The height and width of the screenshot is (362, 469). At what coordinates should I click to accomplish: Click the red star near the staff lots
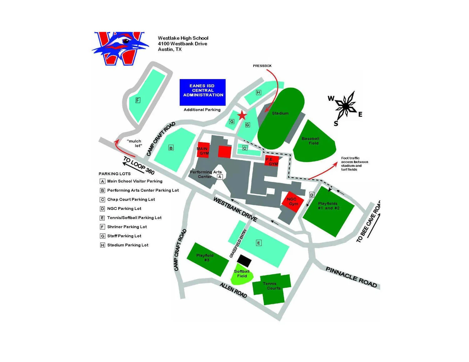click(242, 116)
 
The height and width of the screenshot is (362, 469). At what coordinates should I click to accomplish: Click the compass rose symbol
click(345, 107)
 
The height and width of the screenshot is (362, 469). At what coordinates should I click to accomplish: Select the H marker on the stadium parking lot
click(258, 92)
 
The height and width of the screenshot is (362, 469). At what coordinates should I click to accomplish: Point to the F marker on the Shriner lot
click(138, 100)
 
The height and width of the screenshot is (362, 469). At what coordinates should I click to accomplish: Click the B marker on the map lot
click(171, 148)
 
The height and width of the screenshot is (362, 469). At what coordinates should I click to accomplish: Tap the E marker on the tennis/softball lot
click(259, 243)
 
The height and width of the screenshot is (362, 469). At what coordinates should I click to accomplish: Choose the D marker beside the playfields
click(311, 195)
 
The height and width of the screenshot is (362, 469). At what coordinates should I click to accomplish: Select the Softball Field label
click(242, 274)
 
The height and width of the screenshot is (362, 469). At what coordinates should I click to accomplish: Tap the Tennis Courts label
click(271, 286)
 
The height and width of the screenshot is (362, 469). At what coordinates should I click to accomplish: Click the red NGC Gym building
click(293, 202)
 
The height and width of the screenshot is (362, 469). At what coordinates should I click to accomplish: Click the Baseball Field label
click(310, 141)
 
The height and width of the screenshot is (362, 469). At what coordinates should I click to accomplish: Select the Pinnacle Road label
click(351, 276)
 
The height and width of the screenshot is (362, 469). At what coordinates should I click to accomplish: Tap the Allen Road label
click(233, 290)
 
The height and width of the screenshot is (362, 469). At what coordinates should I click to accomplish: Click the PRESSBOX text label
click(262, 66)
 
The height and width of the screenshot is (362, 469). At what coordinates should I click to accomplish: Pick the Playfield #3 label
click(205, 258)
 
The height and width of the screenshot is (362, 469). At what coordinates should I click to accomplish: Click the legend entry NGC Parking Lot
click(124, 209)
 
